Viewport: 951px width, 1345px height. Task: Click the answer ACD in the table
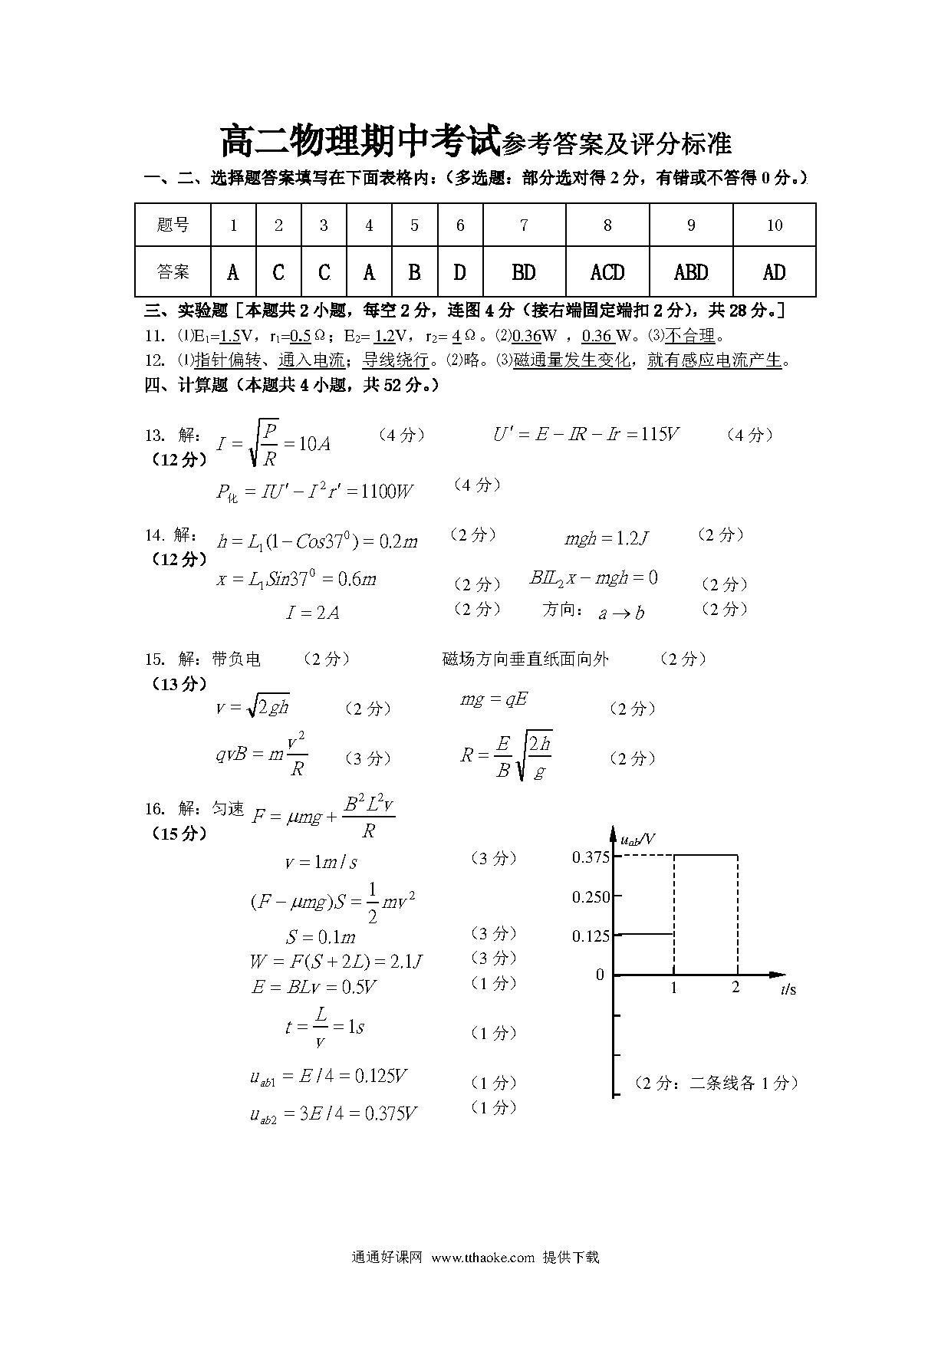[607, 272]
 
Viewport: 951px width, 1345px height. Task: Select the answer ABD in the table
[691, 272]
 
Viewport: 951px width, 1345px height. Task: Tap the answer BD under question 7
[524, 272]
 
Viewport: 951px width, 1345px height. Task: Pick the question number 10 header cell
[775, 225]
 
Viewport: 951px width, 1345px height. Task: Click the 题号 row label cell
[173, 225]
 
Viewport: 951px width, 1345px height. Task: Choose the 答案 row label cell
[173, 272]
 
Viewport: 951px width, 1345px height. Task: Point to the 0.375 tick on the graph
[591, 857]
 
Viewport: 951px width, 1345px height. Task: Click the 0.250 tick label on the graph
[591, 896]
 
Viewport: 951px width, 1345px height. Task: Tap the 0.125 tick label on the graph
[591, 936]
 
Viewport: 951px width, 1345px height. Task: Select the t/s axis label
[788, 990]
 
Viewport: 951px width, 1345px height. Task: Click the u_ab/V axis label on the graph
[638, 840]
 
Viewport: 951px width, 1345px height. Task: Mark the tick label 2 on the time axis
[735, 988]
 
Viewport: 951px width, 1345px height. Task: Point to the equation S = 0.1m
[321, 937]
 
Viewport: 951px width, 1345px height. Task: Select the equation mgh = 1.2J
[606, 539]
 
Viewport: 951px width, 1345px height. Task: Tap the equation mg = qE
[494, 699]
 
